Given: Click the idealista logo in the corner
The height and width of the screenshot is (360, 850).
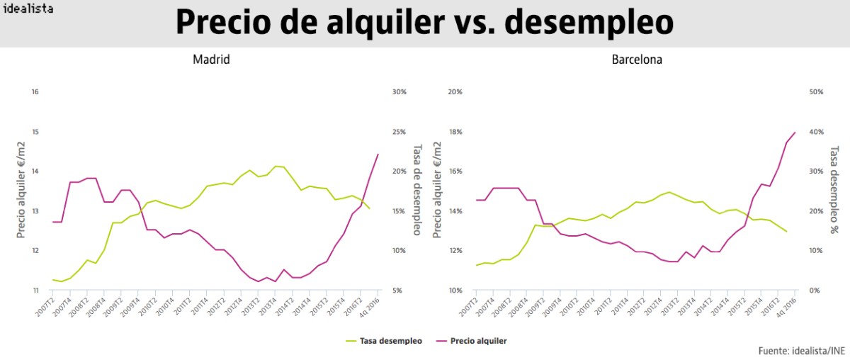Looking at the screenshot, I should click(x=28, y=9).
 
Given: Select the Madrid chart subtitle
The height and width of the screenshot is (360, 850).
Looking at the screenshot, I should click(x=211, y=60).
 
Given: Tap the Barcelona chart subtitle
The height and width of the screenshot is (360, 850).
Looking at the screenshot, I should click(x=637, y=60).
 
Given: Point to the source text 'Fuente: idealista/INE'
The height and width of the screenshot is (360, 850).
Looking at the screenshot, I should click(x=801, y=350).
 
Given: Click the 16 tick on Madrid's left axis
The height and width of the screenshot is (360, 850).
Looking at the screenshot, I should click(x=35, y=92).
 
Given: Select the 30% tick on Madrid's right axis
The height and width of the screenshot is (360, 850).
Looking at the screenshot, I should click(x=398, y=92).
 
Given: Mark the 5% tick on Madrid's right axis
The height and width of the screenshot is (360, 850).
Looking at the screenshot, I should click(x=397, y=291).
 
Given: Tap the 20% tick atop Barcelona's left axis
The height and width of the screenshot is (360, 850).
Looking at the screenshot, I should click(x=455, y=92).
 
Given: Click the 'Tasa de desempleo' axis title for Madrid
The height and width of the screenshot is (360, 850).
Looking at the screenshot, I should click(x=417, y=190).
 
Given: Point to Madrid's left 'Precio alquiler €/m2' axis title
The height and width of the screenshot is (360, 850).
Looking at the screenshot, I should click(x=21, y=190).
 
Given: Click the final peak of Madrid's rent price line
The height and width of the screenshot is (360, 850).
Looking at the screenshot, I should click(x=378, y=154).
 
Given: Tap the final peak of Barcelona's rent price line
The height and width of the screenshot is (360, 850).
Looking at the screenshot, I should click(x=795, y=132).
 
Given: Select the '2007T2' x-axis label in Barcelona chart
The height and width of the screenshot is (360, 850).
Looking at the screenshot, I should click(x=467, y=306).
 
